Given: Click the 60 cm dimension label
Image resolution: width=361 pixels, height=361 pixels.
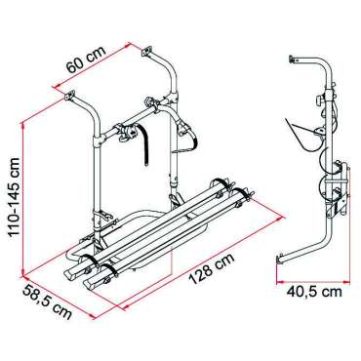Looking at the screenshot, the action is click(86, 60).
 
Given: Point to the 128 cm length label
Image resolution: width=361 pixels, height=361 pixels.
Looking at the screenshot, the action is click(212, 269).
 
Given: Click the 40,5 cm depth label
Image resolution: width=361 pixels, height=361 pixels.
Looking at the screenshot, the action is click(314, 292).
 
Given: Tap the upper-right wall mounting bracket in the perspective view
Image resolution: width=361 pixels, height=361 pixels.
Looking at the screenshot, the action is click(146, 52).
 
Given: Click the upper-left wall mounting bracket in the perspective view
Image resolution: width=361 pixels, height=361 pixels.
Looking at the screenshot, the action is click(69, 97).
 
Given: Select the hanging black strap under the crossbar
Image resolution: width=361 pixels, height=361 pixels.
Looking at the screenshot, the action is click(145, 145).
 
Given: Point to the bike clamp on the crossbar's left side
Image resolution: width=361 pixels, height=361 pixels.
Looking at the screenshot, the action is click(125, 131).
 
